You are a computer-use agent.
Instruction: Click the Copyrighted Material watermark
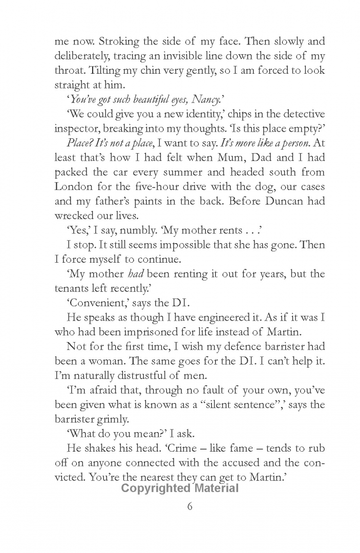click(180, 488)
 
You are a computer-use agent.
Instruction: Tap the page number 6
click(189, 507)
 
